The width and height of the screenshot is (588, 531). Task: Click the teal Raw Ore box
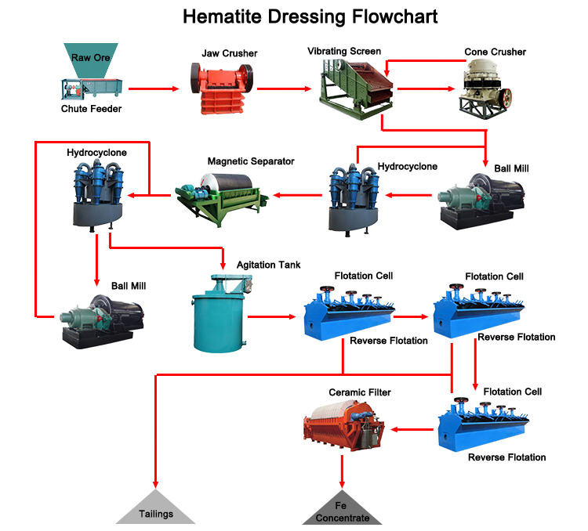tap(91, 60)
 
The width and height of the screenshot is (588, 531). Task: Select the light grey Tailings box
tap(155, 507)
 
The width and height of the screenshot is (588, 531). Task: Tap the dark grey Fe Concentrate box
tap(342, 507)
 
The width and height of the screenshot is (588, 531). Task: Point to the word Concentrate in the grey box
tap(342, 518)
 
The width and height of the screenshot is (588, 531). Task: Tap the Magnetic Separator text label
tap(251, 161)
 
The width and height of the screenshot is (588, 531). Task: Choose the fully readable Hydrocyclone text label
tap(407, 167)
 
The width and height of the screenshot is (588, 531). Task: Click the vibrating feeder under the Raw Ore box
tap(91, 89)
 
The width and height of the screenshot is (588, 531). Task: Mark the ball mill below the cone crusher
tap(481, 200)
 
